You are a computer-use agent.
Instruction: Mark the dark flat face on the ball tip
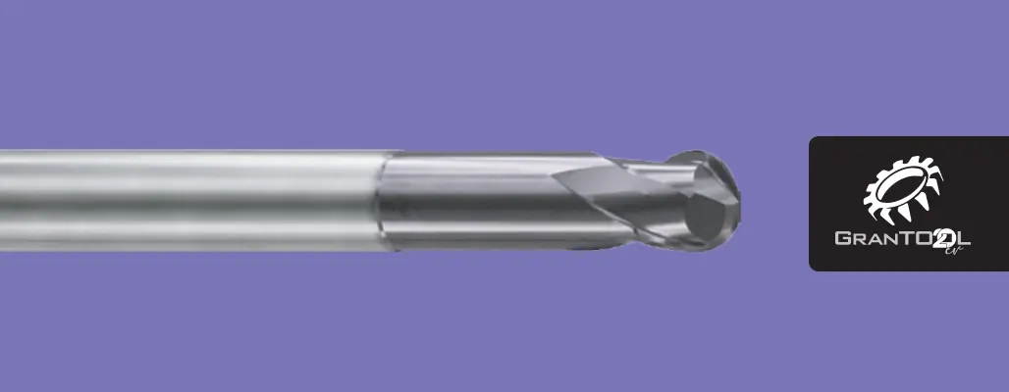(708, 217)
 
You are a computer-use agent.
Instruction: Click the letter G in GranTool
(843, 238)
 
